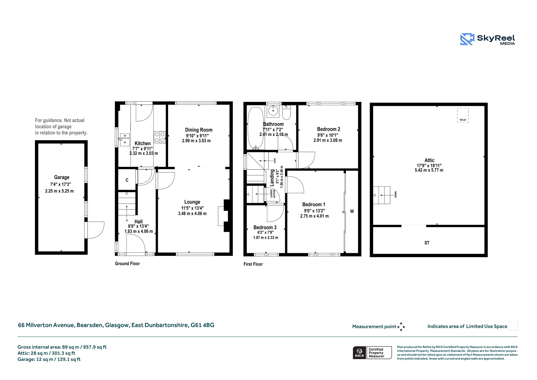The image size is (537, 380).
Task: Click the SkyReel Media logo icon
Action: (x=467, y=39)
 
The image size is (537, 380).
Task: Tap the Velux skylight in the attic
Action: (x=463, y=115)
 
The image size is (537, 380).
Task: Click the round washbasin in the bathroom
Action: (x=273, y=111)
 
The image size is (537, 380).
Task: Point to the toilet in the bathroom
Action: (x=287, y=112)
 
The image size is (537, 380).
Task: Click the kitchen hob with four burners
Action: (x=160, y=137)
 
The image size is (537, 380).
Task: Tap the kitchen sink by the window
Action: (x=125, y=139)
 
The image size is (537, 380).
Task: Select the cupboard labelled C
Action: (x=127, y=180)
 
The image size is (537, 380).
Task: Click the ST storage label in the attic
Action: (x=427, y=243)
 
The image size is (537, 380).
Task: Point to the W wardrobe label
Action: (x=352, y=211)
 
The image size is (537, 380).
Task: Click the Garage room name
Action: (x=62, y=177)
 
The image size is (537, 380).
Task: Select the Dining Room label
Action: (x=199, y=130)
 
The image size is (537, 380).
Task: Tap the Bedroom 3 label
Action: (x=265, y=227)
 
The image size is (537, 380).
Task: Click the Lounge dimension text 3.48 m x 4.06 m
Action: (x=192, y=214)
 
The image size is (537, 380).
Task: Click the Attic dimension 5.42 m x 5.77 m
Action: (x=429, y=170)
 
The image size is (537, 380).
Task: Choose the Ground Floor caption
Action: (x=127, y=263)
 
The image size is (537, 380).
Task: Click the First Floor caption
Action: (x=253, y=264)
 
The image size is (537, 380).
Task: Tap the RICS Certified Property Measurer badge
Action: (x=372, y=353)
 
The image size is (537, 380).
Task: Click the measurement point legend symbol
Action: (x=401, y=327)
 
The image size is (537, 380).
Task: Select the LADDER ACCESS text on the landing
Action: (x=273, y=194)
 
